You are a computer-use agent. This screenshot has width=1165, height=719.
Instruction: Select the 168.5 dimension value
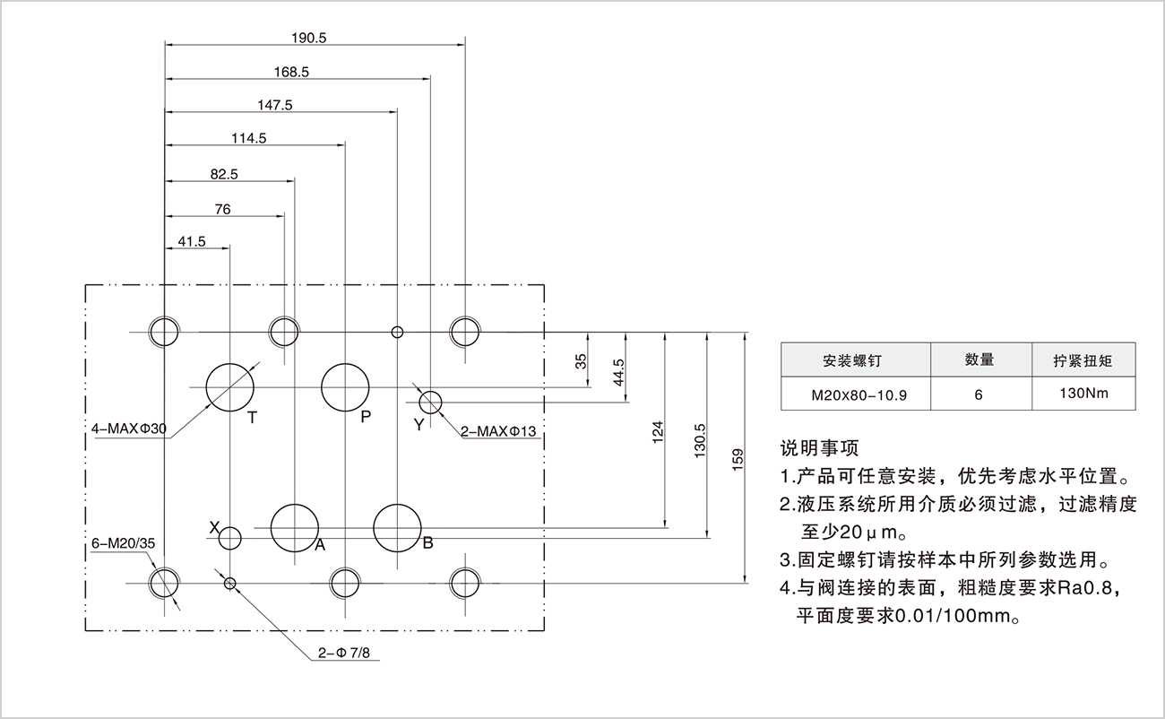292,72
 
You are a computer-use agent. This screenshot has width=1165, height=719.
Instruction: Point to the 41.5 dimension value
192,241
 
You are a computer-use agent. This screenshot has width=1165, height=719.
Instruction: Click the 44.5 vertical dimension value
618,371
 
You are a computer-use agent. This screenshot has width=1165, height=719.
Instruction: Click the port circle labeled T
229,386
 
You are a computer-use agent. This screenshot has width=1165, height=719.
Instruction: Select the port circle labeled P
346,386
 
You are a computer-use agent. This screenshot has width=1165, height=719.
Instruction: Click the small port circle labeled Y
431,402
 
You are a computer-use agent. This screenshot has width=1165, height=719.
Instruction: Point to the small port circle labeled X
230,538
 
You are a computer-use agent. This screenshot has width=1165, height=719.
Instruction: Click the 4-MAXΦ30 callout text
129,429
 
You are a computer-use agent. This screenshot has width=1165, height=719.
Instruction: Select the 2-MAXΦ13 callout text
498,432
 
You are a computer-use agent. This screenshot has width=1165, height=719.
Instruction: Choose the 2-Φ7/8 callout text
343,654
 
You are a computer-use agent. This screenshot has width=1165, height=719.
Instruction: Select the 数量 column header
979,360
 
